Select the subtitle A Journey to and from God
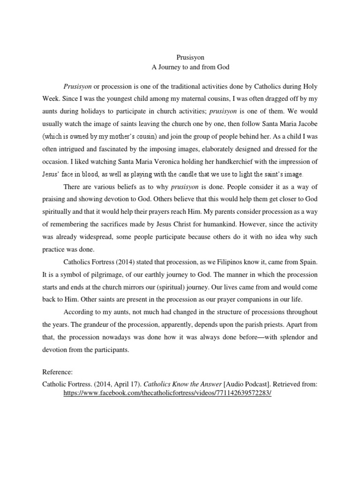189,67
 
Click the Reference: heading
57,372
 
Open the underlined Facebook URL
167,393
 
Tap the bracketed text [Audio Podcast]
251,384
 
